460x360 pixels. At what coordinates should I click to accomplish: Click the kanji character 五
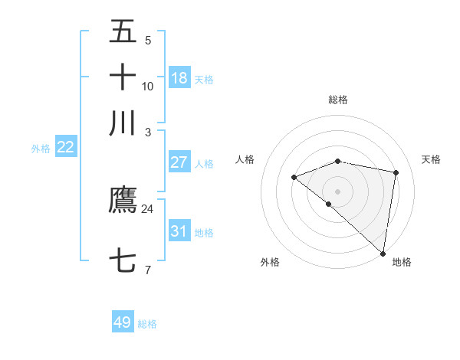pyautogui.click(x=123, y=32)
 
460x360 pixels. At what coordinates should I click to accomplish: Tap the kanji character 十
pyautogui.click(x=123, y=77)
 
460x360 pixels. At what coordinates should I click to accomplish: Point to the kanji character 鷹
pyautogui.click(x=123, y=200)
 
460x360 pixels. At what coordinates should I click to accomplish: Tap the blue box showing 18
pyautogui.click(x=179, y=78)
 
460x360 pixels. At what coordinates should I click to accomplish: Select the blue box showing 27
pyautogui.click(x=179, y=162)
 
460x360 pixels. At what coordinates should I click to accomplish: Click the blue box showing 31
pyautogui.click(x=179, y=231)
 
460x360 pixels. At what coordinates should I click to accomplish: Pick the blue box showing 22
pyautogui.click(x=65, y=148)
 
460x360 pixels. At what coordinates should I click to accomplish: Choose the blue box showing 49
pyautogui.click(x=123, y=322)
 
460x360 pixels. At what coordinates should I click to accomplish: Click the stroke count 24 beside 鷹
pyautogui.click(x=147, y=208)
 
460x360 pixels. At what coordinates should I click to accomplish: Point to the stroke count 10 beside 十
pyautogui.click(x=147, y=86)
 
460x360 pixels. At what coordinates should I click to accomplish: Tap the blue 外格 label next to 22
pyautogui.click(x=41, y=149)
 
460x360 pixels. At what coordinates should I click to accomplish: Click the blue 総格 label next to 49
pyautogui.click(x=147, y=324)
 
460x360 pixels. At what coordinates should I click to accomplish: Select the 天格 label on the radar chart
pyautogui.click(x=432, y=159)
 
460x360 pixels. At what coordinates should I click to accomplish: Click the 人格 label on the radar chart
pyautogui.click(x=245, y=159)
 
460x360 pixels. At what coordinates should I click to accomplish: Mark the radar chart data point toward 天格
pyautogui.click(x=396, y=172)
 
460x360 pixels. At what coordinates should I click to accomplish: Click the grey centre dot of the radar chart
pyautogui.click(x=338, y=191)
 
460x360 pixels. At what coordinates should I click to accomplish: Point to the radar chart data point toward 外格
pyautogui.click(x=329, y=204)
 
